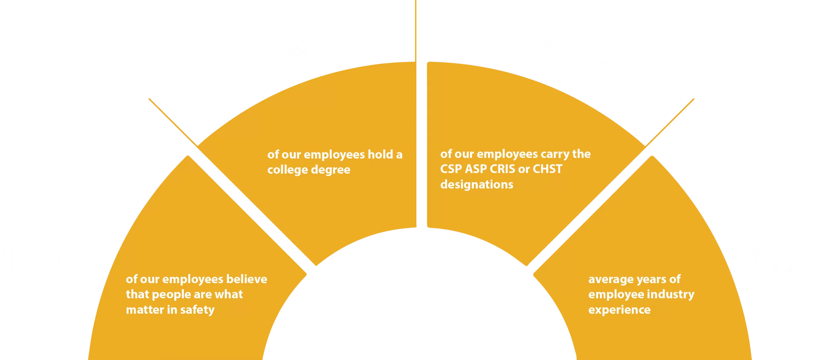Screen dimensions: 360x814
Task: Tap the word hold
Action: (x=380, y=154)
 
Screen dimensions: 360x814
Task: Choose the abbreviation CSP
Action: (x=451, y=169)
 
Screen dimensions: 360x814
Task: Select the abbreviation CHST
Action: (x=547, y=169)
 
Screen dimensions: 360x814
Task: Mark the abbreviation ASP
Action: (x=476, y=169)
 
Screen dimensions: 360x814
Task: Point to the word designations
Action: (x=477, y=184)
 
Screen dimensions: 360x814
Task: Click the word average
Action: (x=609, y=279)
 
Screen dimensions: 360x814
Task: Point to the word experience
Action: (x=619, y=310)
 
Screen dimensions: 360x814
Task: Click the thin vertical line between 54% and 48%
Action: (x=416, y=29)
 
